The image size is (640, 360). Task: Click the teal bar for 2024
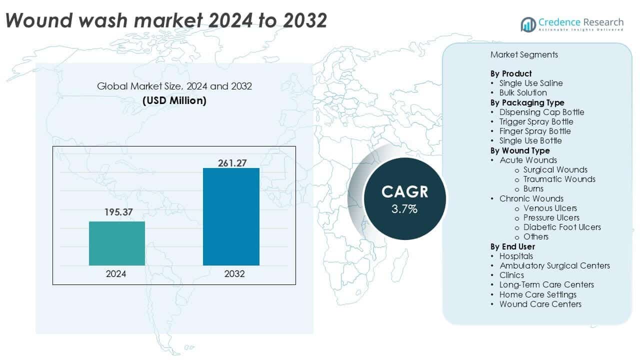[117, 243]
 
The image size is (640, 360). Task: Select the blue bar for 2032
[231, 216]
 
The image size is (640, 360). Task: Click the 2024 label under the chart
[116, 274]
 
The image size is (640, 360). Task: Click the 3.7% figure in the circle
[404, 209]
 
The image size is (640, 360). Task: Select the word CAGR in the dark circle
[405, 192]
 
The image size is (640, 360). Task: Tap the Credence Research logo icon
[528, 24]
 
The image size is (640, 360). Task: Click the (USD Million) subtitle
[174, 100]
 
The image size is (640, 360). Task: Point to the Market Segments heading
[524, 54]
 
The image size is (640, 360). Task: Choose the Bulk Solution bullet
[523, 92]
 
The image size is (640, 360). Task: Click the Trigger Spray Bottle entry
[536, 121]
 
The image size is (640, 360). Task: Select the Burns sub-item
[533, 188]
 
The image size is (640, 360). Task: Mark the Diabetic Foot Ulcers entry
[562, 227]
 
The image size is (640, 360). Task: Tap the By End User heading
[512, 246]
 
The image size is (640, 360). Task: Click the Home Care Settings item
[537, 294]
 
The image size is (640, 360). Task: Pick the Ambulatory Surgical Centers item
[554, 265]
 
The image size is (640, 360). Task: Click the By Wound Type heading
[519, 150]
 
